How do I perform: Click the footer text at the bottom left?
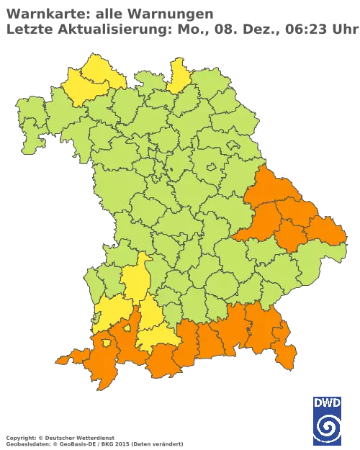(x=94, y=438)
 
